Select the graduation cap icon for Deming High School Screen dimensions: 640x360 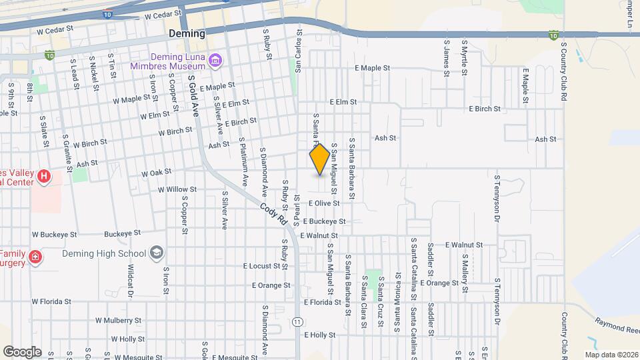[156, 253]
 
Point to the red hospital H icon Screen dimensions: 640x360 [43, 177]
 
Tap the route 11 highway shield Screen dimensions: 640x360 [297, 322]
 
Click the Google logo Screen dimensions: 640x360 [22, 351]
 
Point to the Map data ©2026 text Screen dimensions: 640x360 [610, 354]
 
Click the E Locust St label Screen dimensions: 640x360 [265, 266]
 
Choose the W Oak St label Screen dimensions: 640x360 [156, 173]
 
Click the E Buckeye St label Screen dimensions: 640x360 [324, 221]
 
